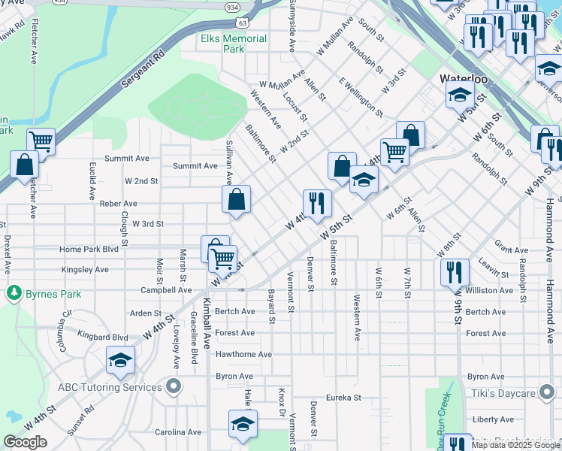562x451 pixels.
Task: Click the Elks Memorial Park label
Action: (x=234, y=44)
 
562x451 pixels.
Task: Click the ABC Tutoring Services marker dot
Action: (x=174, y=388)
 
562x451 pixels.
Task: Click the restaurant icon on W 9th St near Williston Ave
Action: (x=455, y=272)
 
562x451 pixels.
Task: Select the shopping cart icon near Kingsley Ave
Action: (x=222, y=259)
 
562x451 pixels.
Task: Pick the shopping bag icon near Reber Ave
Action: (x=236, y=199)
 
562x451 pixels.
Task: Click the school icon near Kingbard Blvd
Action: (x=120, y=360)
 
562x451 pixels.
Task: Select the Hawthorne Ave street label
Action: (x=243, y=354)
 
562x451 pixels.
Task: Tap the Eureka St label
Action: (x=344, y=398)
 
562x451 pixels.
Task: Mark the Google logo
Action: (x=25, y=442)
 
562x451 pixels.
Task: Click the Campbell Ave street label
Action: (x=167, y=289)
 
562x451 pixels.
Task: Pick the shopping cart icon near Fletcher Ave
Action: (x=41, y=141)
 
